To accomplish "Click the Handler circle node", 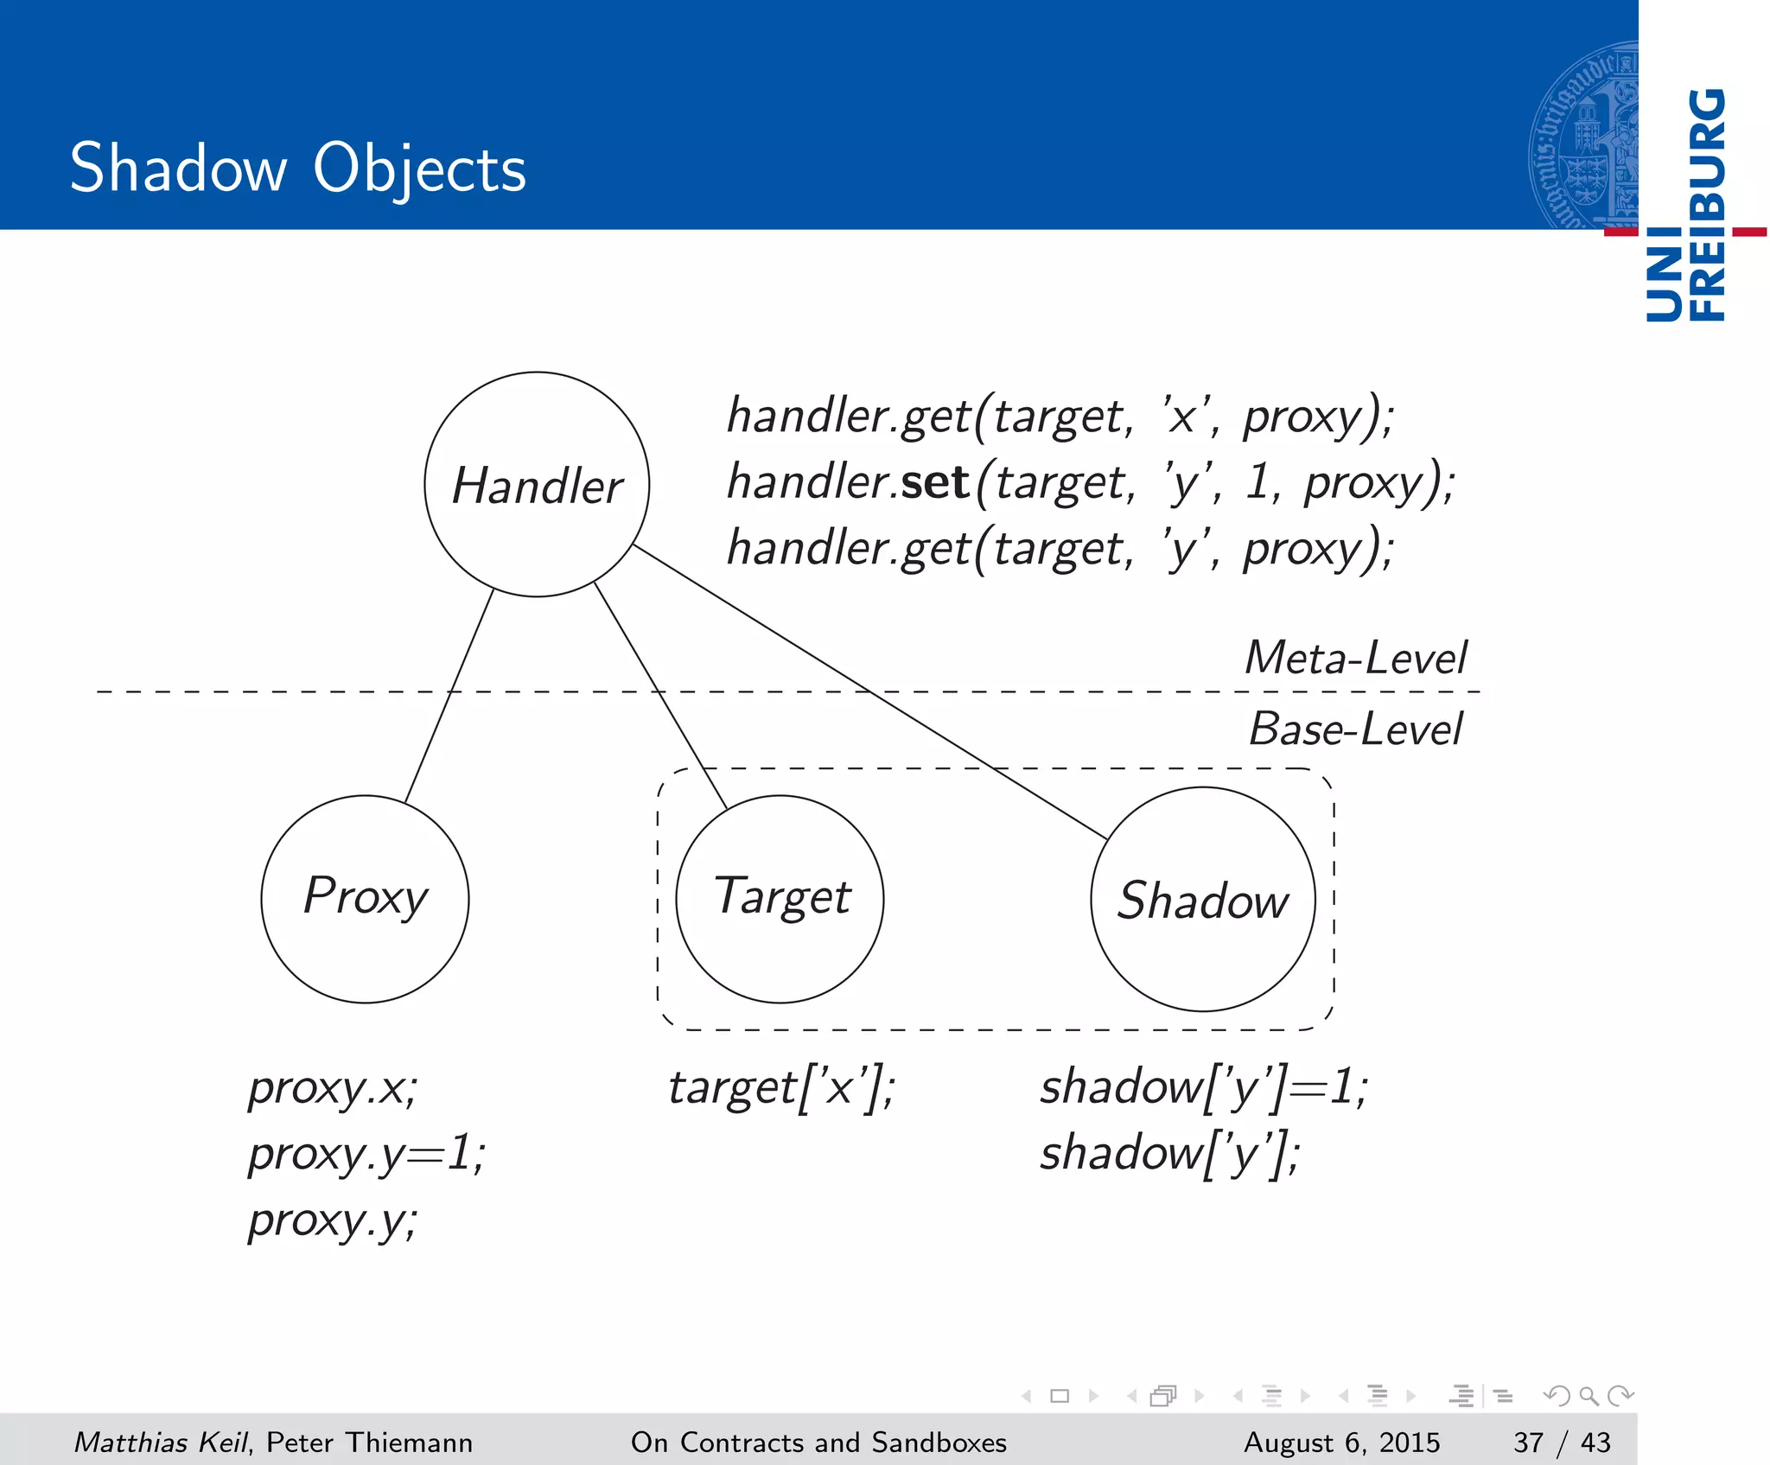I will [x=537, y=484].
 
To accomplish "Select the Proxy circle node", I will [x=365, y=899].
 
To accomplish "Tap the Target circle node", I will [x=780, y=899].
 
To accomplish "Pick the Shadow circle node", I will [x=1203, y=899].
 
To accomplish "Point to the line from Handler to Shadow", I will [x=869, y=691].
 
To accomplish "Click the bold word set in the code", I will [x=935, y=481].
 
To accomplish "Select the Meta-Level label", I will [x=1355, y=658].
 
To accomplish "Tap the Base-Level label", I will [x=1355, y=729].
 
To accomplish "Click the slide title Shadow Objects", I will [x=297, y=168].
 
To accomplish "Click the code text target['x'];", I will [x=781, y=1087].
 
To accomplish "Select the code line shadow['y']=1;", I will [x=1203, y=1087].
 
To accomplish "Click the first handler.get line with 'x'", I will [x=1060, y=416].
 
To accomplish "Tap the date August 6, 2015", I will [x=1341, y=1443].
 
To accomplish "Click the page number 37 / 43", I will [x=1562, y=1443].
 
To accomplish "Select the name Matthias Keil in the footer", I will [x=161, y=1443].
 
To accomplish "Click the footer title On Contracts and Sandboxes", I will [x=818, y=1443].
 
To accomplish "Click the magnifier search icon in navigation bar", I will [x=1589, y=1395].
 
